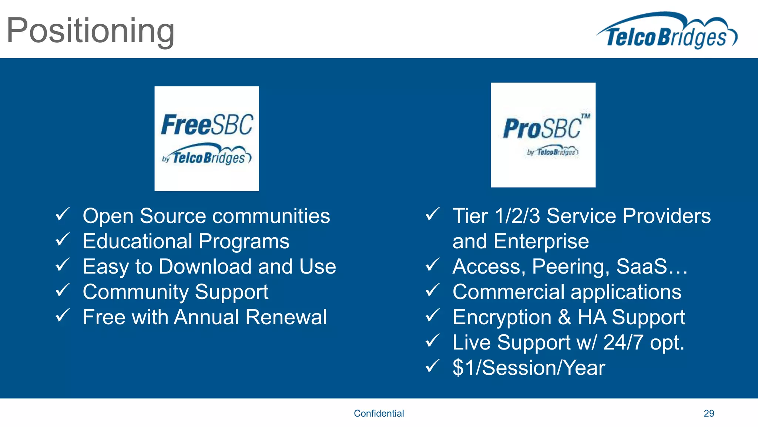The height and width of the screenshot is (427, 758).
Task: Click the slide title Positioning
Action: pos(90,31)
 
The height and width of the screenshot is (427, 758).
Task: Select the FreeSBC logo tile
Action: pos(207,139)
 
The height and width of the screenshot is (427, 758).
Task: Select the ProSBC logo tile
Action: pos(543,135)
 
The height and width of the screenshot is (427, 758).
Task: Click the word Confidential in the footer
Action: pos(379,413)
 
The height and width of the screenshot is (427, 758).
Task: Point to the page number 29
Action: pos(709,413)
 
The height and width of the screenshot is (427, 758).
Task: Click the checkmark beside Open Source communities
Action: pos(63,215)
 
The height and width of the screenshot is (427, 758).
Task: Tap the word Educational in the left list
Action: pos(137,241)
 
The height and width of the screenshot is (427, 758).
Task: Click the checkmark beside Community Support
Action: pos(63,290)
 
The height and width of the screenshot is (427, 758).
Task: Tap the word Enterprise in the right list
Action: pos(541,241)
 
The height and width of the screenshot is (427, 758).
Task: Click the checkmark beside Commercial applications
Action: pos(432,290)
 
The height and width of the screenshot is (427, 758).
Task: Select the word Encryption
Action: pos(502,318)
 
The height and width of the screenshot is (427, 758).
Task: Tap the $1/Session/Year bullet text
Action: pos(529,368)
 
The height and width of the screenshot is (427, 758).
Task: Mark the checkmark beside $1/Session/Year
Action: pos(432,366)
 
